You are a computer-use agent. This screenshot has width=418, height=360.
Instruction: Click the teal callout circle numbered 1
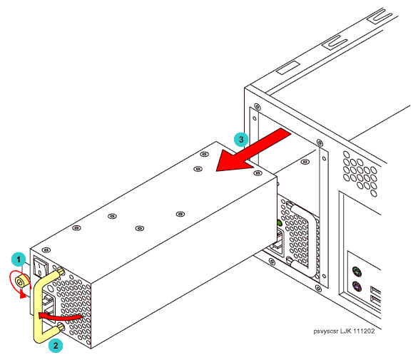tap(19, 259)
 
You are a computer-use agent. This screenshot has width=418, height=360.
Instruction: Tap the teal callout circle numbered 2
tap(56, 346)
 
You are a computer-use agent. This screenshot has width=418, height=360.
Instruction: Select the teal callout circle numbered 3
tap(241, 139)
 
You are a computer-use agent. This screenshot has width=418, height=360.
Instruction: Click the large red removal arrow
tap(252, 150)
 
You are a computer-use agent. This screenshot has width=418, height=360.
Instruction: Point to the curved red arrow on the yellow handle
tap(60, 317)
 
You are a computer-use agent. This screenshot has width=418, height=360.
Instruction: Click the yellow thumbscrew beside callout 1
tap(22, 282)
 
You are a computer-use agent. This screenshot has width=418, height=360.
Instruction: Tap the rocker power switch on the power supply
tap(41, 267)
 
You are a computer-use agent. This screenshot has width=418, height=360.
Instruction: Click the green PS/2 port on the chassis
tap(357, 272)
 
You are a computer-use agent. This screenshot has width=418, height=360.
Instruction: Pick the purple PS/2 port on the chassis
tap(357, 287)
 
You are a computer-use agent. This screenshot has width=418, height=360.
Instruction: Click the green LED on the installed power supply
tap(279, 222)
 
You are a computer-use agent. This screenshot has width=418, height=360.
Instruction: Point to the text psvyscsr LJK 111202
tap(344, 331)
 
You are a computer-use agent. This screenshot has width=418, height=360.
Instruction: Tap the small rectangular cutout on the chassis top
tap(288, 68)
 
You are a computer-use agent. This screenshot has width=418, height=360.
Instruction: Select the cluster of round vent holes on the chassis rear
tap(360, 173)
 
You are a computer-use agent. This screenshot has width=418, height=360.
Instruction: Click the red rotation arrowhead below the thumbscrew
tap(23, 295)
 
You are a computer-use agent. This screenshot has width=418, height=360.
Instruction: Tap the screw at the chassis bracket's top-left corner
tap(257, 107)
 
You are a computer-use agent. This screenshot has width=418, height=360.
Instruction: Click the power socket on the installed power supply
tap(277, 242)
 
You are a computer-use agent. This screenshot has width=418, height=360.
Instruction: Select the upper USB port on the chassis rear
tap(376, 290)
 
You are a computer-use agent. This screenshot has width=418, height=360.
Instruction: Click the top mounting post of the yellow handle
tap(61, 272)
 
